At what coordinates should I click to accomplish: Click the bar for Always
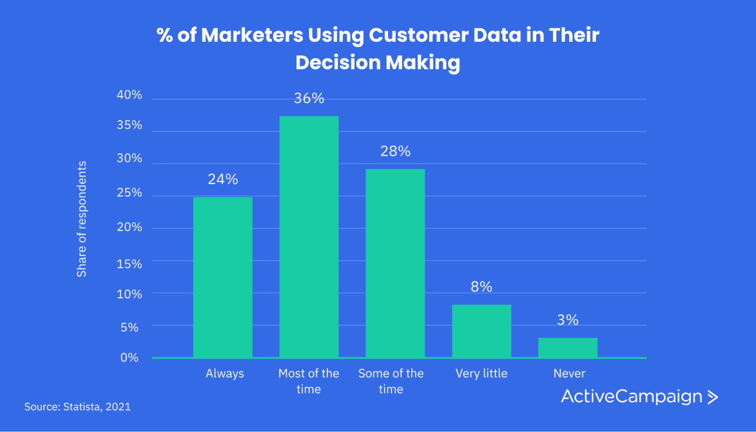click(222, 277)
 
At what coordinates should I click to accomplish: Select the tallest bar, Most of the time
click(309, 236)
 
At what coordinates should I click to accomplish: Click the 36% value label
click(309, 98)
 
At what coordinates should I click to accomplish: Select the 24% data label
click(223, 179)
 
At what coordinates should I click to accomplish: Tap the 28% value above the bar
click(395, 151)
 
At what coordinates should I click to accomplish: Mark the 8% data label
click(481, 287)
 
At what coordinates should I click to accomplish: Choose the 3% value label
click(567, 320)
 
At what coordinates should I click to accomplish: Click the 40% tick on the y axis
click(129, 95)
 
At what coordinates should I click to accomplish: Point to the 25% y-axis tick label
click(129, 192)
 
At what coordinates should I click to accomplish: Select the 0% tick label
click(129, 357)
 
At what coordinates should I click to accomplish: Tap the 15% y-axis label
click(129, 264)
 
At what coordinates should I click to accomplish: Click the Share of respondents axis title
click(82, 219)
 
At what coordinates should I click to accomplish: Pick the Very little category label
click(481, 373)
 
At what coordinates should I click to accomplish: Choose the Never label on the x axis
click(569, 373)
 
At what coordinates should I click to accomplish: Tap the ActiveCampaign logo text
click(632, 396)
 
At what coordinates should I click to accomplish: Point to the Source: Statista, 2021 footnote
click(78, 406)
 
